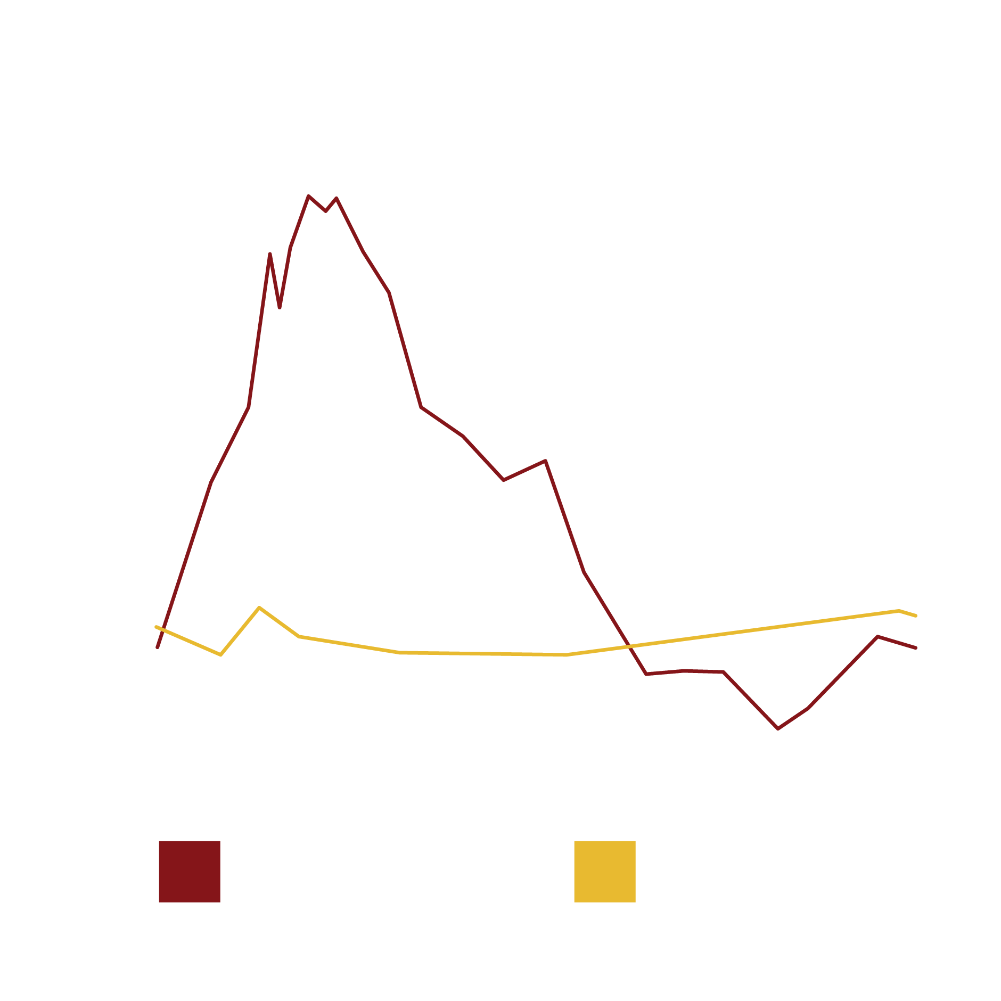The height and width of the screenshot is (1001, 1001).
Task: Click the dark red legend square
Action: tap(189, 872)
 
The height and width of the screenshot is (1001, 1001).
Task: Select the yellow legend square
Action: tap(604, 872)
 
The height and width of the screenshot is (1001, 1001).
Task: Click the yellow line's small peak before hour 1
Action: tap(259, 608)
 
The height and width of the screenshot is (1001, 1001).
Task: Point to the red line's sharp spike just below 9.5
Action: tap(270, 254)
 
